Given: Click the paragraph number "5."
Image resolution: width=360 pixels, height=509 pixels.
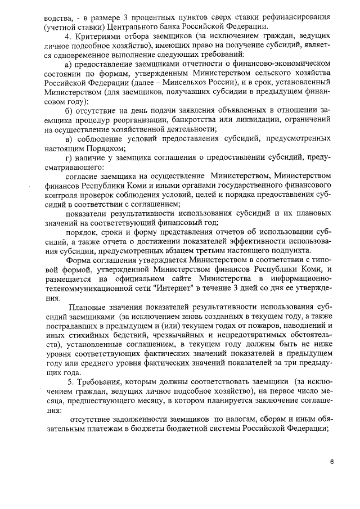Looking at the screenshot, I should coord(71,381).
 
